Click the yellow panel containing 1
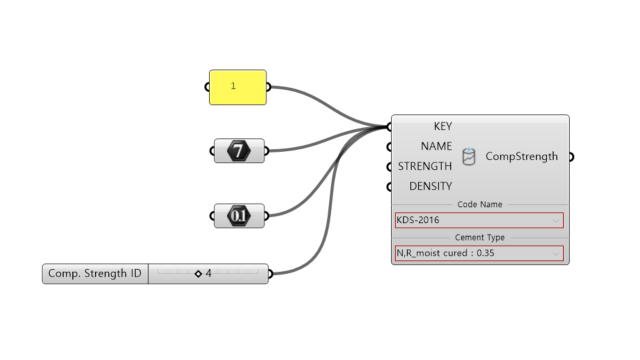tap(238, 87)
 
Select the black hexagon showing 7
tap(239, 151)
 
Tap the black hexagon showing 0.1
tap(239, 216)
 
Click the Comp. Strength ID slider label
tap(95, 273)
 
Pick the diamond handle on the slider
tap(198, 273)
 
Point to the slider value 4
tap(209, 273)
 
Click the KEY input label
tap(443, 126)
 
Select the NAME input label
tap(436, 146)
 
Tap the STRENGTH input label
tap(425, 166)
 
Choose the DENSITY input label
tap(431, 186)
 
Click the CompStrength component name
tap(522, 156)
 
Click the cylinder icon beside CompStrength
tap(469, 156)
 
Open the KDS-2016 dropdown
tap(479, 220)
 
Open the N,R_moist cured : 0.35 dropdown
tap(479, 253)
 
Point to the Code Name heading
tap(480, 204)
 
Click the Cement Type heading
tap(480, 237)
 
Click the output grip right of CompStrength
tap(571, 157)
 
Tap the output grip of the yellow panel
tap(269, 87)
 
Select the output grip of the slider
tap(270, 273)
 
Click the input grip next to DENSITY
tap(389, 187)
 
